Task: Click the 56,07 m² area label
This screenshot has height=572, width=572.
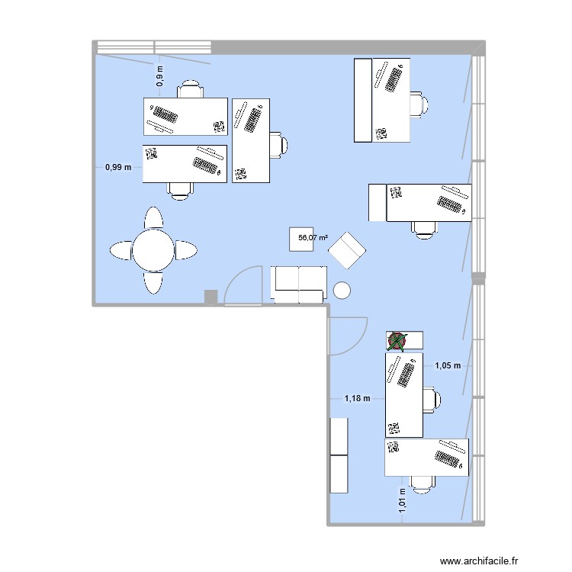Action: [x=313, y=238]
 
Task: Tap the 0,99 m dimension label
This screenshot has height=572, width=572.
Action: [x=118, y=167]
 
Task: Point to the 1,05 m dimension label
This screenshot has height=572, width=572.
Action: [x=448, y=365]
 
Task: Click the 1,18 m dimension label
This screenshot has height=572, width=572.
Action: [x=357, y=397]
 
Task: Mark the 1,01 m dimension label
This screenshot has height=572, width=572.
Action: [x=402, y=502]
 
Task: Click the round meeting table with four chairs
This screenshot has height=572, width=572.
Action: [x=154, y=249]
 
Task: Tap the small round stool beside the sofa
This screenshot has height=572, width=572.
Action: [x=342, y=290]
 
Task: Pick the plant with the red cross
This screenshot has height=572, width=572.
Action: [x=397, y=341]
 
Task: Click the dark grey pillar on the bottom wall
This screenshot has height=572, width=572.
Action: [x=211, y=297]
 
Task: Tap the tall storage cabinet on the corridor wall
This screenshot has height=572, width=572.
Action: [x=339, y=455]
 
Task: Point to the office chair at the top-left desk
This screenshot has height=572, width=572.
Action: [x=191, y=89]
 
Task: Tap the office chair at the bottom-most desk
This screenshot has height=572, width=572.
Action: [x=421, y=481]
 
